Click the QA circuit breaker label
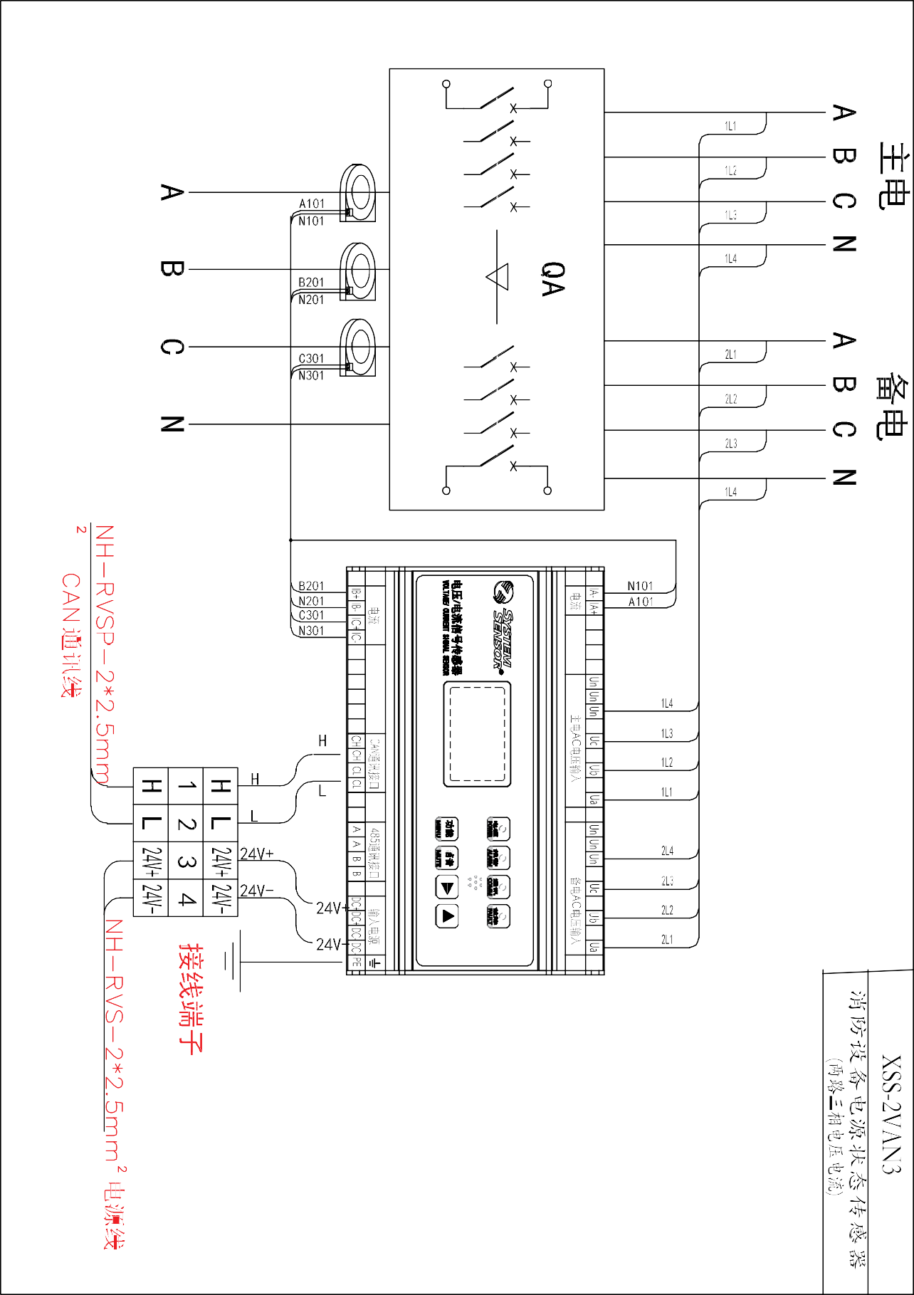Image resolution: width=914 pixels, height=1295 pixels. [553, 278]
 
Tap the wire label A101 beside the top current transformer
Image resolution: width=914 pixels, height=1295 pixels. [311, 204]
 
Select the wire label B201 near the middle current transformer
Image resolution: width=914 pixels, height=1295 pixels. [311, 283]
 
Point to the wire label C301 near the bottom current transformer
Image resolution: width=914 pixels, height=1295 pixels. [311, 359]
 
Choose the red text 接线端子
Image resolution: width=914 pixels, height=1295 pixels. [191, 998]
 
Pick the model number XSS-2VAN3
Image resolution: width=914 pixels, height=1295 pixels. [891, 1115]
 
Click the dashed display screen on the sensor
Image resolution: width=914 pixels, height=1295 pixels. [477, 734]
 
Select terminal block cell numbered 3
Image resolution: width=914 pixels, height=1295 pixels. [186, 861]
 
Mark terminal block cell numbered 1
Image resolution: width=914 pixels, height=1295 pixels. [186, 786]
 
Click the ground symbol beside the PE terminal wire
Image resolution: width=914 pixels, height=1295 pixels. [233, 962]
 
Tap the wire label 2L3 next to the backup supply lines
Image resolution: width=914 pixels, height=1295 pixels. [731, 444]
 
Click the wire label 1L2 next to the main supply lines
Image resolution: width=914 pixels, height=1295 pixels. [731, 171]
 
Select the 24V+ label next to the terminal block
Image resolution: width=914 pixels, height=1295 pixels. [256, 854]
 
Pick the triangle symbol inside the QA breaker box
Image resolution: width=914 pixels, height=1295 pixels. [498, 277]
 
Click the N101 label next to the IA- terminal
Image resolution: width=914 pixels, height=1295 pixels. [640, 586]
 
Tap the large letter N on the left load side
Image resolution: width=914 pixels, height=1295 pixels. [172, 424]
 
